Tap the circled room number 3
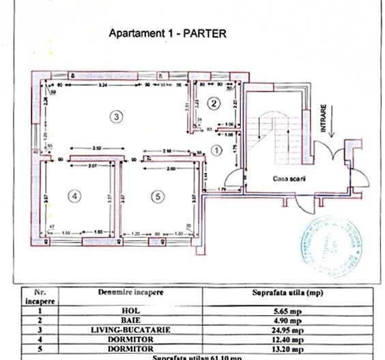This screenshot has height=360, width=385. (117, 117)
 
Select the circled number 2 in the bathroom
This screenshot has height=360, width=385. (214, 103)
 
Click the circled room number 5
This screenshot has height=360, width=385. (158, 196)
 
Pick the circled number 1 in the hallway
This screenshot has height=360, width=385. (218, 149)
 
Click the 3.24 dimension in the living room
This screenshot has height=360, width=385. (102, 85)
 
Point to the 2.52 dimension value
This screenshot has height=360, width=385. (98, 148)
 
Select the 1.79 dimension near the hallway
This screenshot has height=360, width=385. (222, 188)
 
